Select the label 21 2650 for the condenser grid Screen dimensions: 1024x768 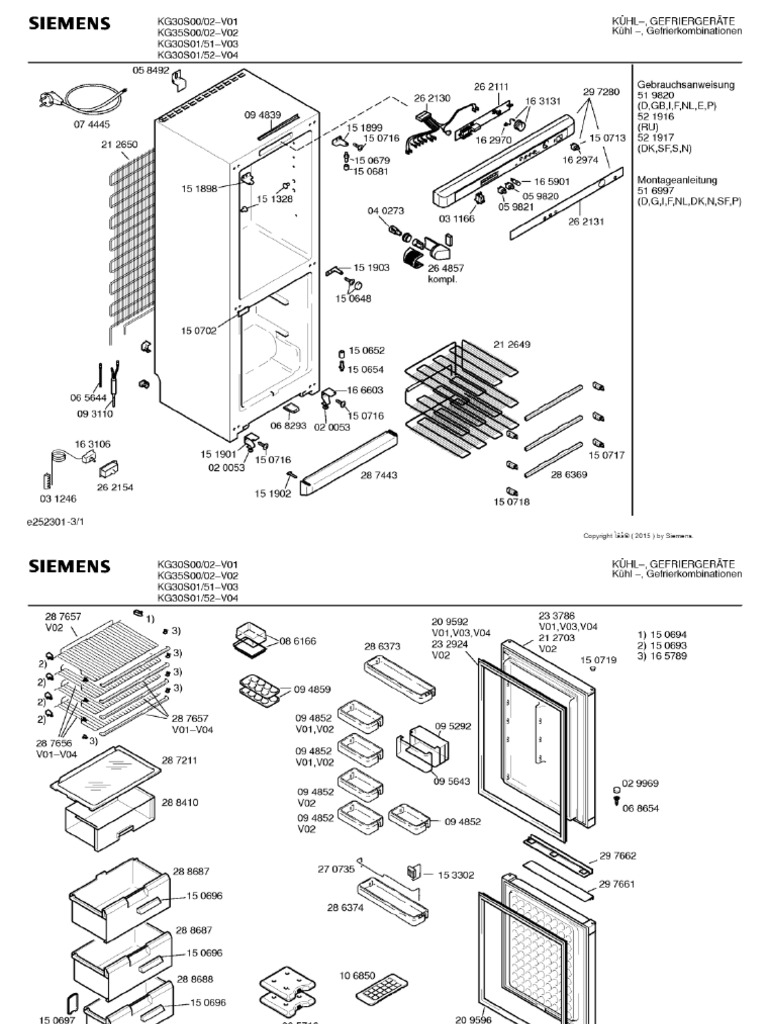pyautogui.click(x=118, y=145)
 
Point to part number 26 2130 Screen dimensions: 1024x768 pyautogui.click(x=432, y=99)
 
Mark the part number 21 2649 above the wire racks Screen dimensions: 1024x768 pyautogui.click(x=511, y=344)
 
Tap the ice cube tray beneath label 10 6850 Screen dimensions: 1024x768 pyautogui.click(x=381, y=994)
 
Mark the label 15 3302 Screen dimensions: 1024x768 pyautogui.click(x=455, y=874)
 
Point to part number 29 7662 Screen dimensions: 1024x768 pyautogui.click(x=618, y=855)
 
